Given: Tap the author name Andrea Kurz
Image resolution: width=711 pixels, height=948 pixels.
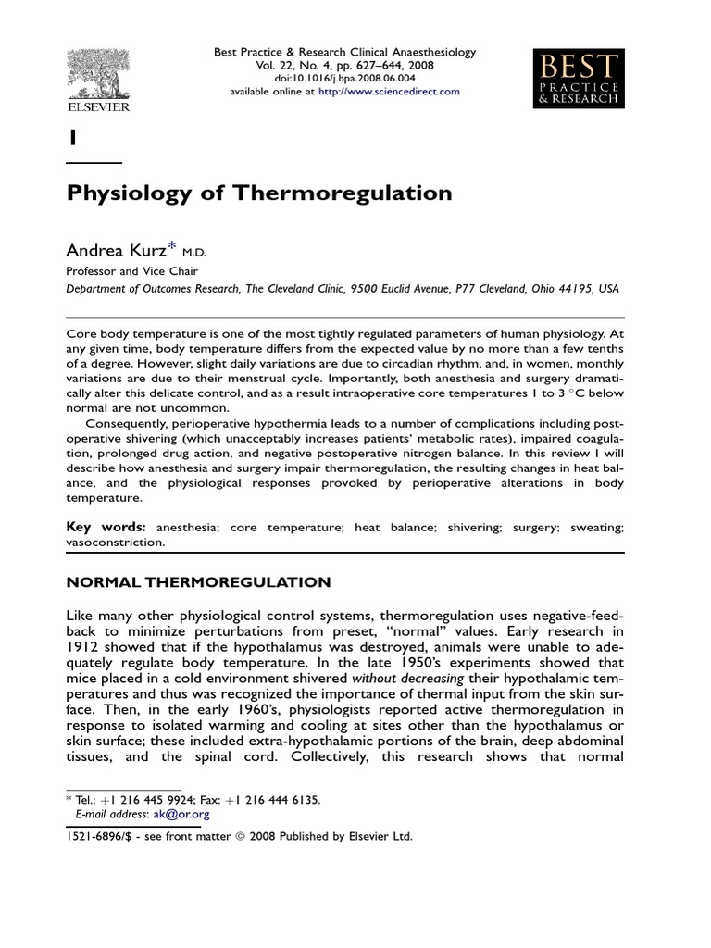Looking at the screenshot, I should pos(116,250).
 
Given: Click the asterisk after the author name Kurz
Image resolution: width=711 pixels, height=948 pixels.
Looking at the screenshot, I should pos(173,247).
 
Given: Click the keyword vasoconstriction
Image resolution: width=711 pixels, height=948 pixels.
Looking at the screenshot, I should pos(115,543).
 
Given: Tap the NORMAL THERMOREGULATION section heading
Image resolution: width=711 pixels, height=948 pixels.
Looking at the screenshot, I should pos(198,582).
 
